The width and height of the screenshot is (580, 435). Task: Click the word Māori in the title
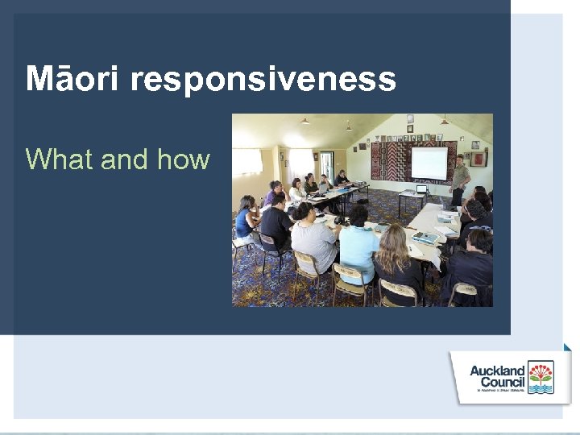72,80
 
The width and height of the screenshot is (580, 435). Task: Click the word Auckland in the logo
497,371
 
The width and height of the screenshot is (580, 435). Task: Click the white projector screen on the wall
429,164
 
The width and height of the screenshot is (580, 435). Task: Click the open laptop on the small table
420,189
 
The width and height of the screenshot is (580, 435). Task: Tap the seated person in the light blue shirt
358,246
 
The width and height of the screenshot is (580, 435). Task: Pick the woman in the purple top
274,193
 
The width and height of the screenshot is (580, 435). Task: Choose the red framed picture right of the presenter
478,159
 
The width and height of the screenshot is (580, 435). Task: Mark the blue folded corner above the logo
567,347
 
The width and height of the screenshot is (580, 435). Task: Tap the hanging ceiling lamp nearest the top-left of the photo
304,121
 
